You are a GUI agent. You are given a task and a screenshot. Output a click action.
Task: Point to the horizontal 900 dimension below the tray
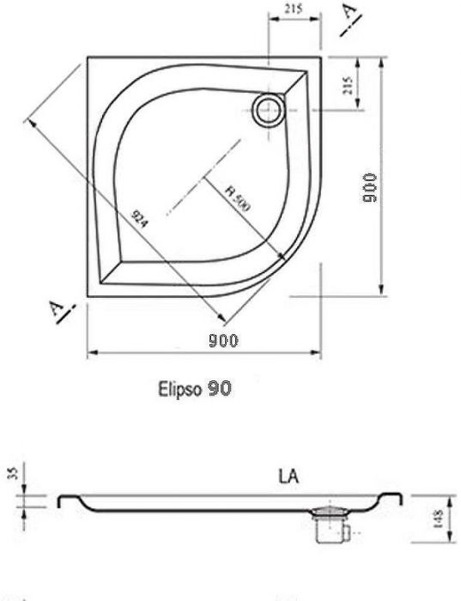223,341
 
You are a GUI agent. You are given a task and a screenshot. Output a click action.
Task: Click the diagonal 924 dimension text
139,220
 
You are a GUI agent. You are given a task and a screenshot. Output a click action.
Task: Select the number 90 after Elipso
218,388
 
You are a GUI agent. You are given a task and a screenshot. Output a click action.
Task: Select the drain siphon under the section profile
328,525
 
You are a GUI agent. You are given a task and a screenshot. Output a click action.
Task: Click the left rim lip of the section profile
61,500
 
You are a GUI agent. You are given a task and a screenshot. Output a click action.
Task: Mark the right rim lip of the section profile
397,498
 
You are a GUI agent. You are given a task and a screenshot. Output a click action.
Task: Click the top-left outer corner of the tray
88,58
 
